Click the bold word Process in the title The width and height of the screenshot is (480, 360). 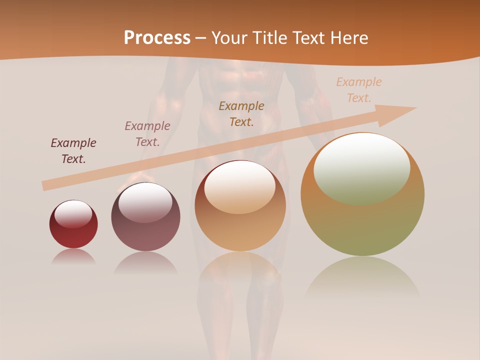pos(157,37)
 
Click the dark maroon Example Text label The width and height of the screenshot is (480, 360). pos(73,150)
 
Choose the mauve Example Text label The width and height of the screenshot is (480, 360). pos(147,133)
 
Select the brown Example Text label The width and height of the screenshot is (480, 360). pos(241,113)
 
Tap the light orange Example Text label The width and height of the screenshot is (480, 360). pos(359,89)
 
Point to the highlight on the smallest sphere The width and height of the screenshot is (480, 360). pos(73,214)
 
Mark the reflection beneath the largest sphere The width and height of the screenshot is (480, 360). pos(362,277)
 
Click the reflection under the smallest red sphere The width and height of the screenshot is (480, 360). pos(73,256)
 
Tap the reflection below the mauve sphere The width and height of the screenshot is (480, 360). pos(145,263)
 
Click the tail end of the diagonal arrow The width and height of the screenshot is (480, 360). pos(45,186)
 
